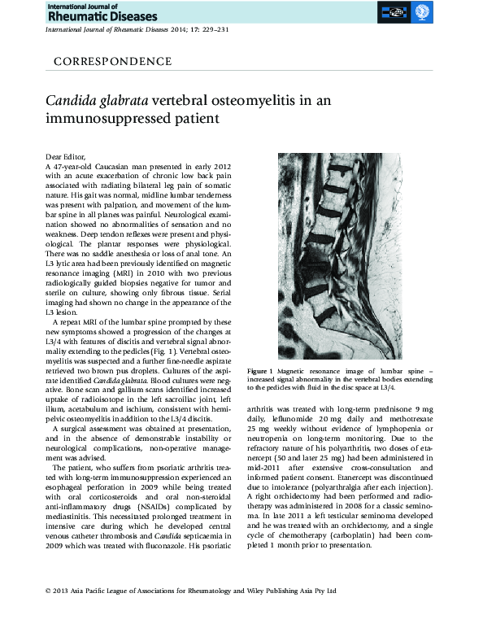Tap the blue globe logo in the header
click(421, 12)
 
